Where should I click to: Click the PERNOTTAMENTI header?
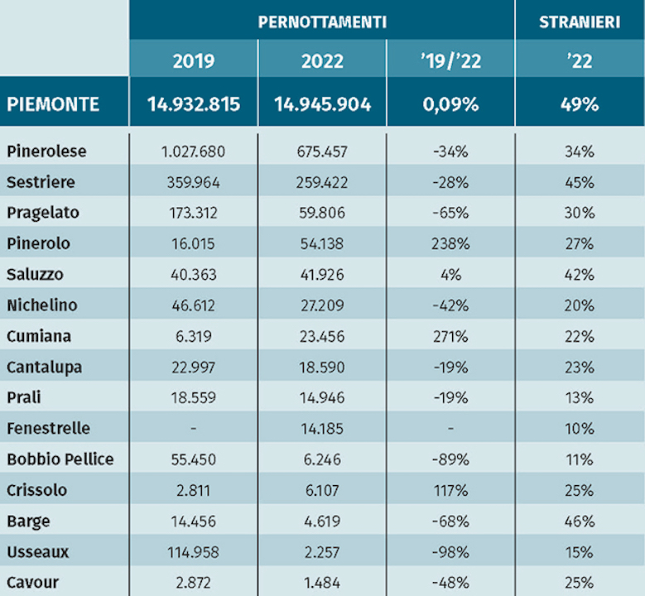[x=322, y=22]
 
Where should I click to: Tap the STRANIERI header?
[x=580, y=22]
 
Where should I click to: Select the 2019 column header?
[x=194, y=61]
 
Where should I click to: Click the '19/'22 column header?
[x=451, y=61]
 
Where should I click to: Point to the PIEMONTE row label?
[x=53, y=104]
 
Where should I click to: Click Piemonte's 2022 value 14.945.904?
[x=323, y=104]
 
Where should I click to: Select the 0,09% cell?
[x=451, y=104]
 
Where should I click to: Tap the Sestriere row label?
[x=41, y=182]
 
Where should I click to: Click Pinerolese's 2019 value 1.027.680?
[x=194, y=151]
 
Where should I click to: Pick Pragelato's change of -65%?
[x=451, y=213]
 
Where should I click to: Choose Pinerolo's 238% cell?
[x=451, y=243]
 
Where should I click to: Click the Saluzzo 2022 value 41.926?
[x=322, y=274]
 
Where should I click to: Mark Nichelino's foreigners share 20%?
[x=580, y=305]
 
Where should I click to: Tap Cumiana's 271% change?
[x=451, y=336]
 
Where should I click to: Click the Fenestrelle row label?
[x=49, y=429]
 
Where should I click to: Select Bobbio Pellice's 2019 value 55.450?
[x=194, y=459]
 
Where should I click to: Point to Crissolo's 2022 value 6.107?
[x=322, y=490]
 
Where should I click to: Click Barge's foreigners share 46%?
[x=580, y=521]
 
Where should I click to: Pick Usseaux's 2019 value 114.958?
[x=194, y=552]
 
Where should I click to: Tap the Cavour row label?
[x=33, y=583]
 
